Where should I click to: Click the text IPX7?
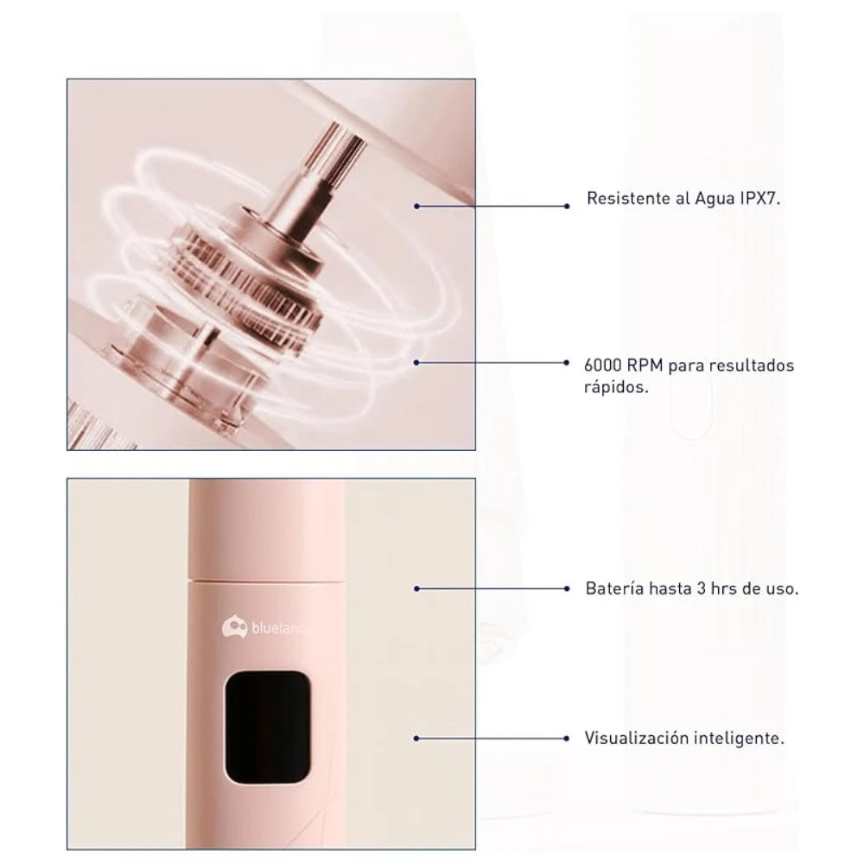759,199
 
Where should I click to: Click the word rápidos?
617,387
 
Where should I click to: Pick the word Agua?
715,199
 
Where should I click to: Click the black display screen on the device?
267,727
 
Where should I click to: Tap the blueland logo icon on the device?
234,627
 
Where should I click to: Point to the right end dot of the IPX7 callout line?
567,206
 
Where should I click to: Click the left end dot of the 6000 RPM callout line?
416,363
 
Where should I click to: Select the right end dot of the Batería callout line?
567,588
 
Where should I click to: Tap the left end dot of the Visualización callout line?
416,738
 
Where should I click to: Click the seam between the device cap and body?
267,580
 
